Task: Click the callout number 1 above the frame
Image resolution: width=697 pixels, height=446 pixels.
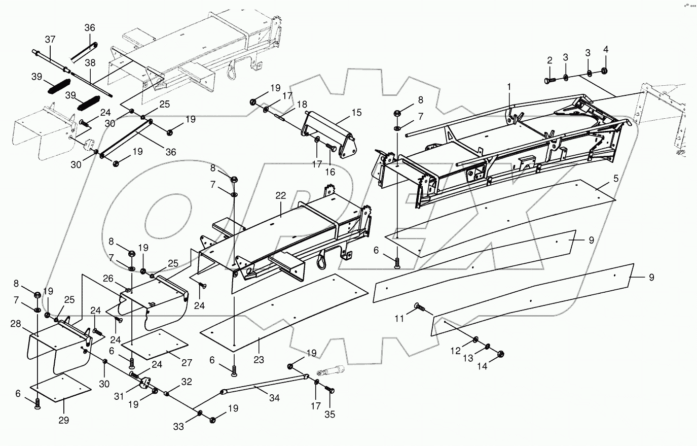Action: (509, 87)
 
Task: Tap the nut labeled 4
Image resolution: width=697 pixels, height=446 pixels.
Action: (604, 71)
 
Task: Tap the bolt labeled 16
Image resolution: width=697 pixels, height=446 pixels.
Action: (332, 147)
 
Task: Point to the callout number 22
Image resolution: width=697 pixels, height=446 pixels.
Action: (281, 196)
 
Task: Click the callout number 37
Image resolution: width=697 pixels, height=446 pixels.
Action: (50, 39)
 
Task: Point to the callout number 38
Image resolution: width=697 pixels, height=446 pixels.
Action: (90, 63)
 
